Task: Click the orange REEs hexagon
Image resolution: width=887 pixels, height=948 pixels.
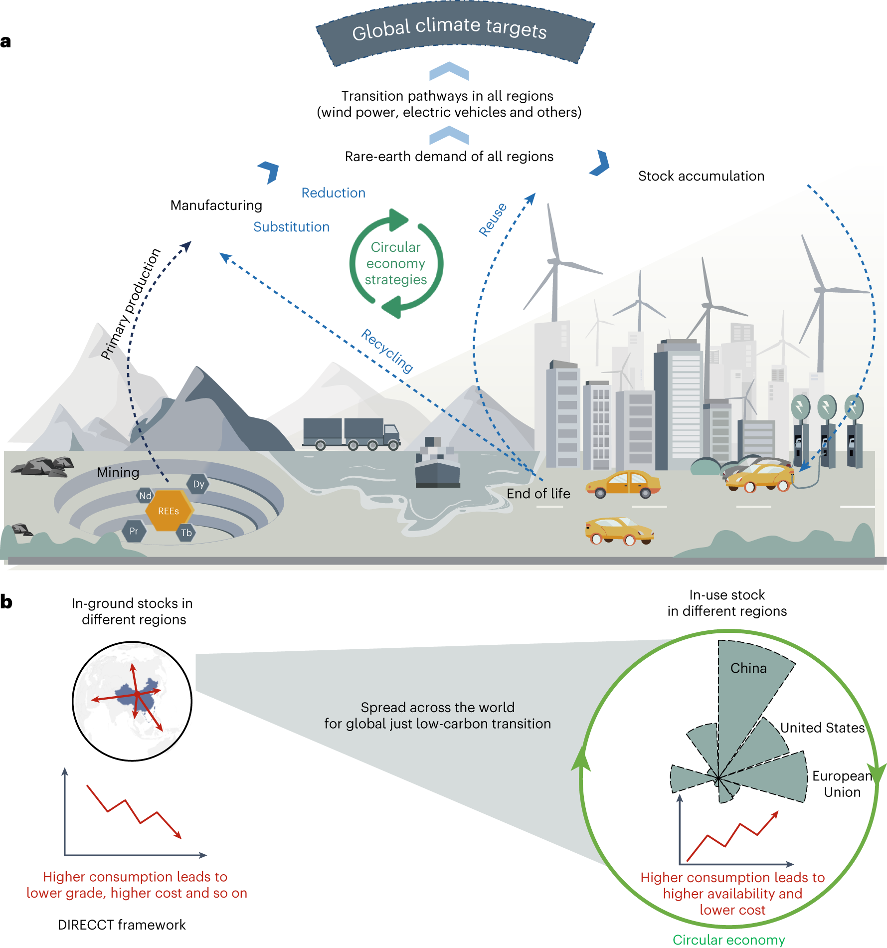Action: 168,511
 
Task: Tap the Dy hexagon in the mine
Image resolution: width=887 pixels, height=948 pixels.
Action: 198,484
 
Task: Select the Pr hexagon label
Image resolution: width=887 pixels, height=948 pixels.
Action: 134,531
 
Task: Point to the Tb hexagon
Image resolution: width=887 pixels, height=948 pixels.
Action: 186,533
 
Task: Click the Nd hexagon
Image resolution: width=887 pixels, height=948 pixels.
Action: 145,496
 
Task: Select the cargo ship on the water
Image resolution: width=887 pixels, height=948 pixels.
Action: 437,464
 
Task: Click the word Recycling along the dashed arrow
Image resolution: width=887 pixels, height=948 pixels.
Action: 387,351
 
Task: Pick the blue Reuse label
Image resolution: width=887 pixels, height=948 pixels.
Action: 493,219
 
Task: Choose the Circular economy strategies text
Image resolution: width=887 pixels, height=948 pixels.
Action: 396,263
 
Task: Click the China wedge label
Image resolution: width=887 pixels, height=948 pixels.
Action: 748,668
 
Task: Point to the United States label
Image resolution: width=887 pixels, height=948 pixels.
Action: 822,728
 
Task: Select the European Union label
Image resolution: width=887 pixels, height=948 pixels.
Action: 842,784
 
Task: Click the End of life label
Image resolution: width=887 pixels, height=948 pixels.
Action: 538,494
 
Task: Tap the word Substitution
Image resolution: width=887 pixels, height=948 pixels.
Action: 291,227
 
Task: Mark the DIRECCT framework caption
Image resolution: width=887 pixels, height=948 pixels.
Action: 122,925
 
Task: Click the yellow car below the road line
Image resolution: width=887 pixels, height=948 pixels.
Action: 619,532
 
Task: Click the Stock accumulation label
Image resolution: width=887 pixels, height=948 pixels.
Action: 701,176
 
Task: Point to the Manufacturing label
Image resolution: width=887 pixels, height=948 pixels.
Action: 216,205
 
